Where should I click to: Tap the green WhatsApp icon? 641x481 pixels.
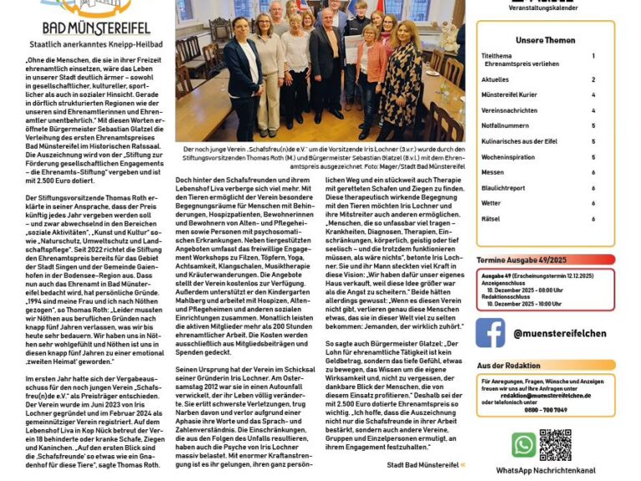click(524, 444)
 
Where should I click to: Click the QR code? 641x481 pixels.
click(555, 444)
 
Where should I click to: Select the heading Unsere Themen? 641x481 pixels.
click(545, 40)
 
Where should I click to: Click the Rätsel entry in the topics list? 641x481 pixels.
click(492, 218)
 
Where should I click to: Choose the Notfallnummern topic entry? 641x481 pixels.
click(506, 125)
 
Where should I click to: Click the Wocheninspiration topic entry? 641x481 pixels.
click(508, 156)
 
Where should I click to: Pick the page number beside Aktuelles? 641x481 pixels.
click(593, 79)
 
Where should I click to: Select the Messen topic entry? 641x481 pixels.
click(492, 172)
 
